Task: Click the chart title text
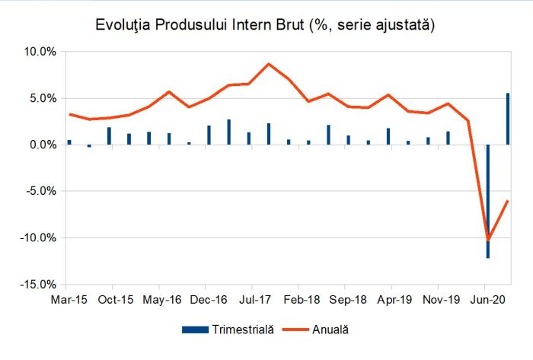265,25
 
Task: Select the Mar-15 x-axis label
67,300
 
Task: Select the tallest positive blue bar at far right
508,119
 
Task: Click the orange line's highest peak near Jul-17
269,64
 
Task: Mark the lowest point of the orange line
487,239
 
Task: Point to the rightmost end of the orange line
508,201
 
